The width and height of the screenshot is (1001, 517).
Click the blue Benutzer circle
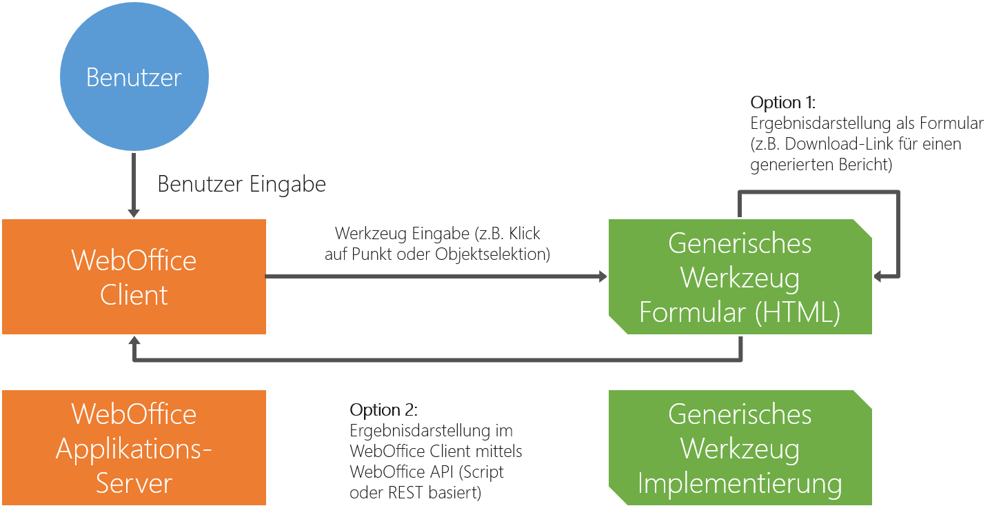(x=134, y=77)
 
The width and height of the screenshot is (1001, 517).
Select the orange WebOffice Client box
(x=134, y=277)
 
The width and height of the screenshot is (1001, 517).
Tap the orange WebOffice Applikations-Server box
(x=134, y=448)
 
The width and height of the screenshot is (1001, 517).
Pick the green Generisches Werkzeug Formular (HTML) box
(x=740, y=277)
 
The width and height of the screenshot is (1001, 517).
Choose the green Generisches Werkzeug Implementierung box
(x=740, y=448)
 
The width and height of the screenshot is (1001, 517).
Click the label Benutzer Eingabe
(x=242, y=185)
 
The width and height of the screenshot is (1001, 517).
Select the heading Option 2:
(x=383, y=410)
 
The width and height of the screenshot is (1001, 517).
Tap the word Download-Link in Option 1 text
(x=838, y=145)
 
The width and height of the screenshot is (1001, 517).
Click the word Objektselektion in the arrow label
(x=492, y=254)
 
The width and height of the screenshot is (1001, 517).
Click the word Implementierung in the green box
(x=740, y=483)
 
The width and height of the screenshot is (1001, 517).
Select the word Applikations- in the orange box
(x=134, y=449)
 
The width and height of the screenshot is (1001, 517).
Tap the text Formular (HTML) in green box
(x=740, y=312)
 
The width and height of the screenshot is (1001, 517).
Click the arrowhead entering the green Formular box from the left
(x=603, y=277)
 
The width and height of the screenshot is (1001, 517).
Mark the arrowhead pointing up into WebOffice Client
(x=134, y=341)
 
